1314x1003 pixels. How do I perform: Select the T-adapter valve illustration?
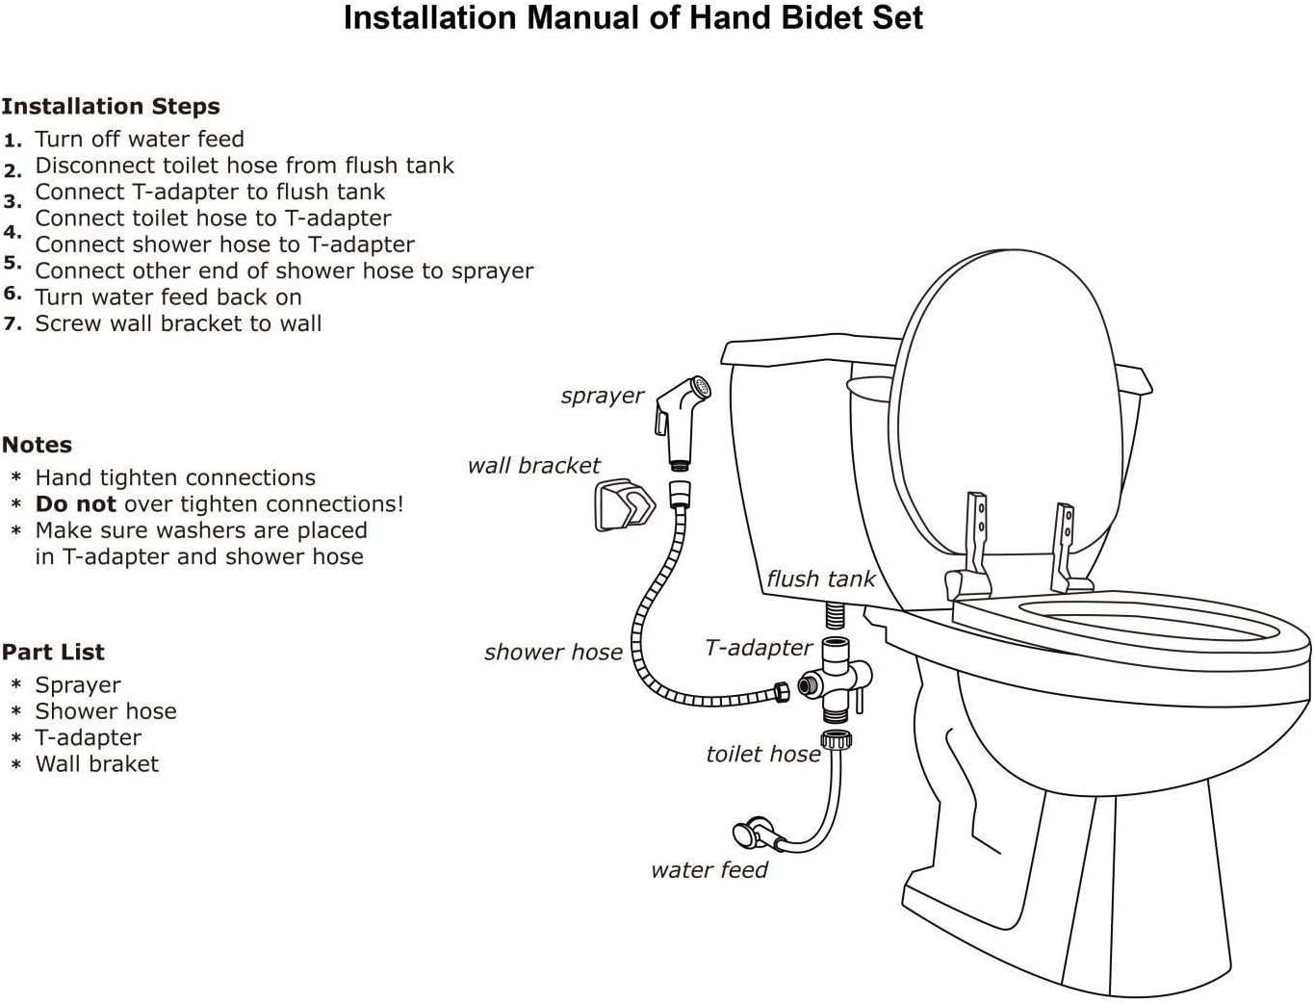[835, 681]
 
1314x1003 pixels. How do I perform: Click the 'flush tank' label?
[820, 579]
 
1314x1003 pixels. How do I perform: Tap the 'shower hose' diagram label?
[553, 653]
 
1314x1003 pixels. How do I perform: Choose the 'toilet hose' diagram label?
[762, 754]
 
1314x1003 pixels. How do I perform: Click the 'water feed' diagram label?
[709, 870]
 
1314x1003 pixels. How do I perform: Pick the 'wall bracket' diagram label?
[533, 466]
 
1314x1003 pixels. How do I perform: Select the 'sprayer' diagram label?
[602, 396]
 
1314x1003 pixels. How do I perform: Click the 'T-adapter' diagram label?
[759, 648]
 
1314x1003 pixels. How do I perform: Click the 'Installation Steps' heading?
[111, 107]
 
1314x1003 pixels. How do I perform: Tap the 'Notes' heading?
[37, 445]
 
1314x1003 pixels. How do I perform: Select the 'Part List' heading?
[53, 653]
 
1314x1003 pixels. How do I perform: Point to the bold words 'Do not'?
[75, 504]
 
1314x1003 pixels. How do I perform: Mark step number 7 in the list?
[13, 324]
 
